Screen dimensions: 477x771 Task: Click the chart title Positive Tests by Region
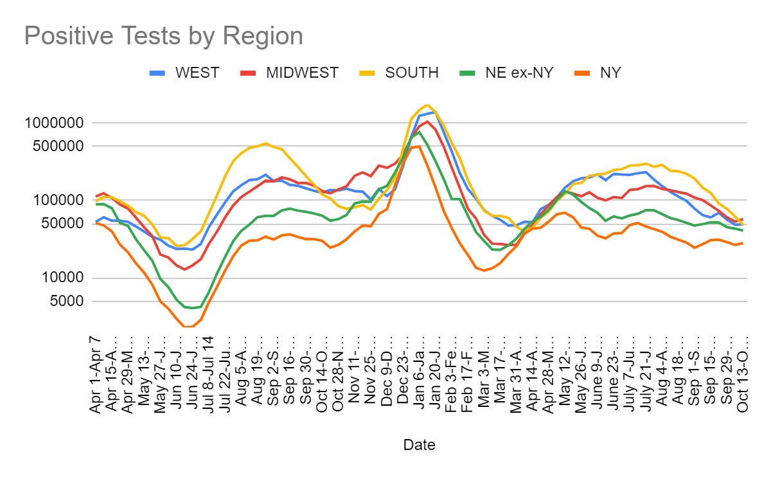click(163, 36)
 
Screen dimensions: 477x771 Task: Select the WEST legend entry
click(197, 73)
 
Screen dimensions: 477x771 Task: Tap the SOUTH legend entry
click(412, 73)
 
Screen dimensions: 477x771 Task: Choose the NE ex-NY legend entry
click(519, 73)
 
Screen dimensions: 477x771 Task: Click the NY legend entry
click(610, 73)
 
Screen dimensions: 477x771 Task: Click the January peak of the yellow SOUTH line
click(427, 105)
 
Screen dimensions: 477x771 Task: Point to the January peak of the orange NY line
click(418, 146)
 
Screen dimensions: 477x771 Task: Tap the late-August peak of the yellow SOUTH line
click(265, 143)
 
